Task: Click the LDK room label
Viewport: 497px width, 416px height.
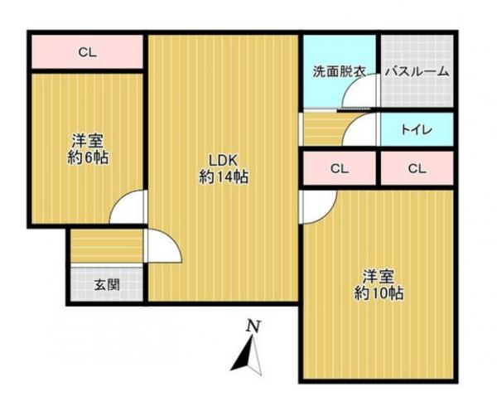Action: coord(224,161)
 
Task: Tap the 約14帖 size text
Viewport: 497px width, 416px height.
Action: coord(224,177)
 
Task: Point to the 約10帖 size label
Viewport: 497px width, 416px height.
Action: coord(379,293)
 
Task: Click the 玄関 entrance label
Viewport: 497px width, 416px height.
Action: coord(106,285)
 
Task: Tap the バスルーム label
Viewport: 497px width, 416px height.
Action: coord(417,72)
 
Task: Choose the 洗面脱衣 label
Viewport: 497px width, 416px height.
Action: coord(339,72)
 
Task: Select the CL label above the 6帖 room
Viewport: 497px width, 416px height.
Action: coord(88,53)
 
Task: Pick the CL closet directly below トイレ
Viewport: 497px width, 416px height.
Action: coord(416,169)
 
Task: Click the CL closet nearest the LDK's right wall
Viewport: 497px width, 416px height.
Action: coord(339,169)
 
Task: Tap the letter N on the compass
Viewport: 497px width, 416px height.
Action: coord(254,327)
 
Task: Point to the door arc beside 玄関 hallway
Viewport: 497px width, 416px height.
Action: coord(162,246)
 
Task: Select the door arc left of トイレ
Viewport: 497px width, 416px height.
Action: coord(364,131)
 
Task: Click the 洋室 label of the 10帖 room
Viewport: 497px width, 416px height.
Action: coord(379,276)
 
